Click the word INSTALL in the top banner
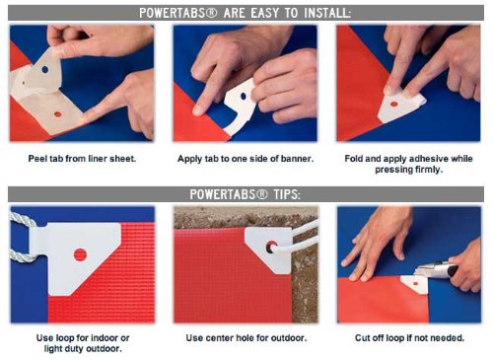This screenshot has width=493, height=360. [x=327, y=13]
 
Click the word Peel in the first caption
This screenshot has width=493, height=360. [x=35, y=159]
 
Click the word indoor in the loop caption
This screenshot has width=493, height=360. [x=105, y=337]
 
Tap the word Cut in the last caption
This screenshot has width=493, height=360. [x=362, y=337]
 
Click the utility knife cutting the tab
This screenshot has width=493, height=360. [x=437, y=269]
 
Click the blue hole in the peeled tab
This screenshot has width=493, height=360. [x=45, y=70]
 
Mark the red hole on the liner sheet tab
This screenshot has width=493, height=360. [x=58, y=114]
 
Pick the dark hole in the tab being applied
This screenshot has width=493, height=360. [x=244, y=96]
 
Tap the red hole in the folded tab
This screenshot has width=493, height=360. [x=393, y=105]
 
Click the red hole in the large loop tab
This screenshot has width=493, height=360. [x=80, y=254]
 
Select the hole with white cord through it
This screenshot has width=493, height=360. [x=271, y=247]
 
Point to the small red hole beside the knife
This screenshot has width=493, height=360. [x=416, y=283]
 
